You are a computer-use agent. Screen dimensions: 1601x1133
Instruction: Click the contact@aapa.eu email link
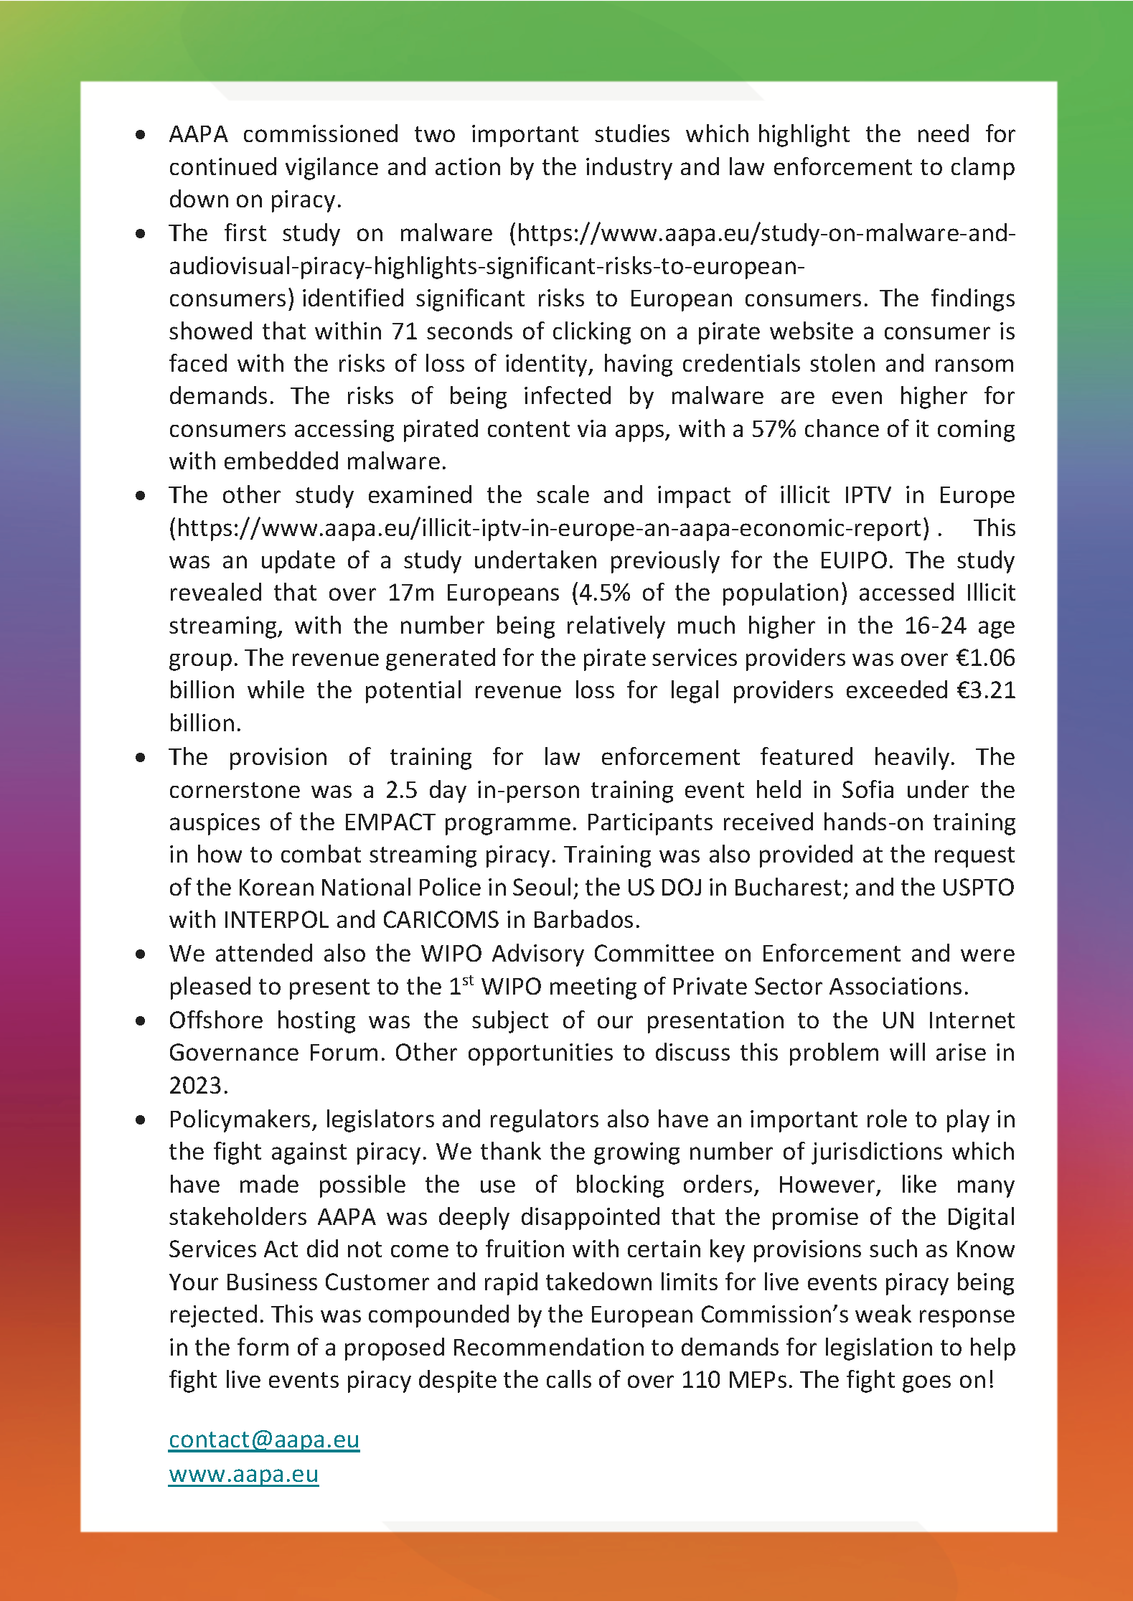(263, 1440)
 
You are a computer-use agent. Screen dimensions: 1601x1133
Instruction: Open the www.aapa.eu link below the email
(243, 1474)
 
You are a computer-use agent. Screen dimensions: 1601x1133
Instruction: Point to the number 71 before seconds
(404, 332)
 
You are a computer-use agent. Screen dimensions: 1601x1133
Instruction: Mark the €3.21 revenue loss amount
(986, 690)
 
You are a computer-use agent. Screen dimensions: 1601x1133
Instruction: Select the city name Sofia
(868, 790)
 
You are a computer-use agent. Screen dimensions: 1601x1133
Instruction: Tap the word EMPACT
(389, 822)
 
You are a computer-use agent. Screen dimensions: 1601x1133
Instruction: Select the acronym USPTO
(978, 888)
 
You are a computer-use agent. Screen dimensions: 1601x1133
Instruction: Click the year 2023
(197, 1086)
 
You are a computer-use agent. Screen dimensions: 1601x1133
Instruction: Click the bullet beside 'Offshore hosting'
(141, 1020)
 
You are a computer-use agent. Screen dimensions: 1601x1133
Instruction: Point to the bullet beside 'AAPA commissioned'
(141, 134)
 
